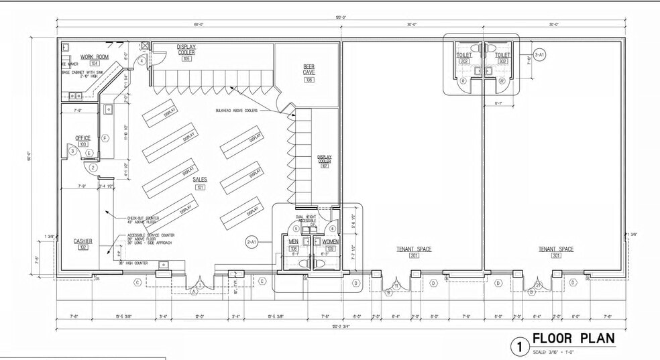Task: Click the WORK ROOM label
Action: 95,56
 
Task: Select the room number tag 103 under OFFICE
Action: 83,144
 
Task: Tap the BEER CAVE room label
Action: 309,69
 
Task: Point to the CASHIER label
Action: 83,241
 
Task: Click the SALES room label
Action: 200,180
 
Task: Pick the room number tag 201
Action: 414,255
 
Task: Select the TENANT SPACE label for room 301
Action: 556,249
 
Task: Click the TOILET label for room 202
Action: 463,55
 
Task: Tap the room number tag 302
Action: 502,61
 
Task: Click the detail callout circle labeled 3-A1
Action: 540,54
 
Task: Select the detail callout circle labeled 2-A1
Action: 252,241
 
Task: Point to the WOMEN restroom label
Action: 330,241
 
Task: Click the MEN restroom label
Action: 294,241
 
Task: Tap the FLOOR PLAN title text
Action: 573,339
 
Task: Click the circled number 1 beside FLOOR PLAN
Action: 518,347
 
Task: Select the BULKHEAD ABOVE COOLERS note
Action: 236,110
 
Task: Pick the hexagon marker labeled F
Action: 105,138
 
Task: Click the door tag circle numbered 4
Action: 142,60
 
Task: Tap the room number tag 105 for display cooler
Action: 186,59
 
